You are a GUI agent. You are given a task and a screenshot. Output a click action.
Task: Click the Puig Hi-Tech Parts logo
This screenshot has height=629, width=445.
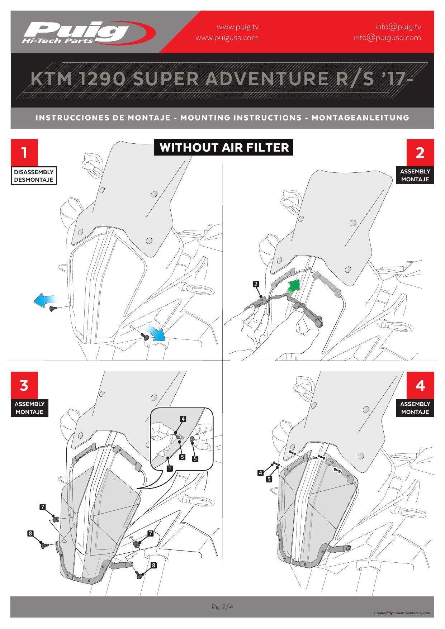pos(88,32)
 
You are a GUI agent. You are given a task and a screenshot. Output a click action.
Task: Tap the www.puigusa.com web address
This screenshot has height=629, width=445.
pos(227,38)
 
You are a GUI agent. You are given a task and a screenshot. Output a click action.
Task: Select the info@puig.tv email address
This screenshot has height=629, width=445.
pos(398,27)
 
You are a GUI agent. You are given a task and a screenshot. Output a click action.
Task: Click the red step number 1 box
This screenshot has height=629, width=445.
pos(24,153)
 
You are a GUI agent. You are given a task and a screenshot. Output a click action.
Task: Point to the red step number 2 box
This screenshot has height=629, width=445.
pos(420,152)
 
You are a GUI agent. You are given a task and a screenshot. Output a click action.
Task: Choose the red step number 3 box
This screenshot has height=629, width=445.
pos(24,385)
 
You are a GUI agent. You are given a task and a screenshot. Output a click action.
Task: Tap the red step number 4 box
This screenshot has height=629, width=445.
pos(420,385)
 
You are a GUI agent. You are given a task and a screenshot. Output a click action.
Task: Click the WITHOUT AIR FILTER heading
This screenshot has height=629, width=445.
pos(224,147)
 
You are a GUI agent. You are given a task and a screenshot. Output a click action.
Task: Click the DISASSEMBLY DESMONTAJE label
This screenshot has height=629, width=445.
pos(34,176)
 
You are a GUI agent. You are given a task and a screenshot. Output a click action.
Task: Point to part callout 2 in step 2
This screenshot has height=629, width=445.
pos(255,284)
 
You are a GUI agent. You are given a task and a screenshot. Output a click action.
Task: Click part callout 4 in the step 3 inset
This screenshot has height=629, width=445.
pos(183,419)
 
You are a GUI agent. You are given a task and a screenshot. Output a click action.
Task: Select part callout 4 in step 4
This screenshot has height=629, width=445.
pos(261,473)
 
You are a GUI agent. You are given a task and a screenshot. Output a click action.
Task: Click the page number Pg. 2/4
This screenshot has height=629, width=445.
pos(222,607)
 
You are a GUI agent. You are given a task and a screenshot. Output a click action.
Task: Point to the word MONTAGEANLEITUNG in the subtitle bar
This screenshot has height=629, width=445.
pos(360,118)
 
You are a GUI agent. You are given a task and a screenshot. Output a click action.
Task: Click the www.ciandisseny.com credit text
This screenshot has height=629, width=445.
pos(412,613)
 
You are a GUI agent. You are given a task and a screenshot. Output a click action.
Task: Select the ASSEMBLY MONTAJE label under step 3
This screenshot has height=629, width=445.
pos(29,408)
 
